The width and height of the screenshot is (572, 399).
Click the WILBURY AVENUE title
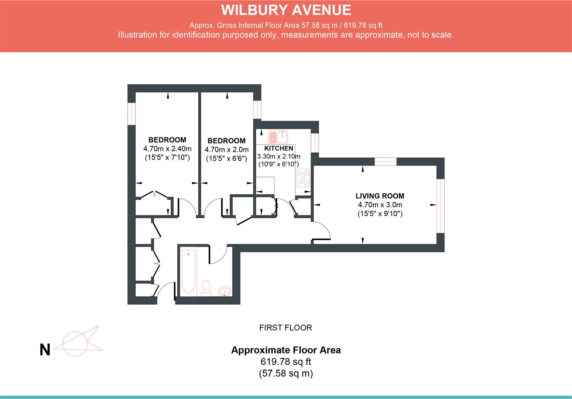point(286,10)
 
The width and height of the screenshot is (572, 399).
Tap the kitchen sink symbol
point(278,137)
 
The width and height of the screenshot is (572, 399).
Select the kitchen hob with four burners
point(304,178)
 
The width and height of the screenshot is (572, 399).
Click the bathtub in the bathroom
point(188,272)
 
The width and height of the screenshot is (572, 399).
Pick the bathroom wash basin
point(225,292)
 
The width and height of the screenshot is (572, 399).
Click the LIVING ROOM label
point(380,196)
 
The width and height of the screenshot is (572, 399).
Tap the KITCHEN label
point(278,149)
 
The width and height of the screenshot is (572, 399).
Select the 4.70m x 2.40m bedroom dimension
point(167,149)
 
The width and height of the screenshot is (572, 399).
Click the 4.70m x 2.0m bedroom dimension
point(226,150)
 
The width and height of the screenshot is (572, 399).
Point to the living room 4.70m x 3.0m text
point(380,205)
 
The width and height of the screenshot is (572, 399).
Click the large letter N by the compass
point(45,350)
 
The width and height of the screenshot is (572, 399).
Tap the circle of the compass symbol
point(75,344)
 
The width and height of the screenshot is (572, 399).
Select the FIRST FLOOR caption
point(285,328)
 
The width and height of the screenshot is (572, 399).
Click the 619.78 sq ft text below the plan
point(285,361)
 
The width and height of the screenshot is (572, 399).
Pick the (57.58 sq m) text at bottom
point(285,373)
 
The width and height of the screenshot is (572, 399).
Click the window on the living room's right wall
point(440,206)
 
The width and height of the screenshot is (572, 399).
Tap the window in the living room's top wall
point(385,161)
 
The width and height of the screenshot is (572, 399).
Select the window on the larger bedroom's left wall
point(131,113)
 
